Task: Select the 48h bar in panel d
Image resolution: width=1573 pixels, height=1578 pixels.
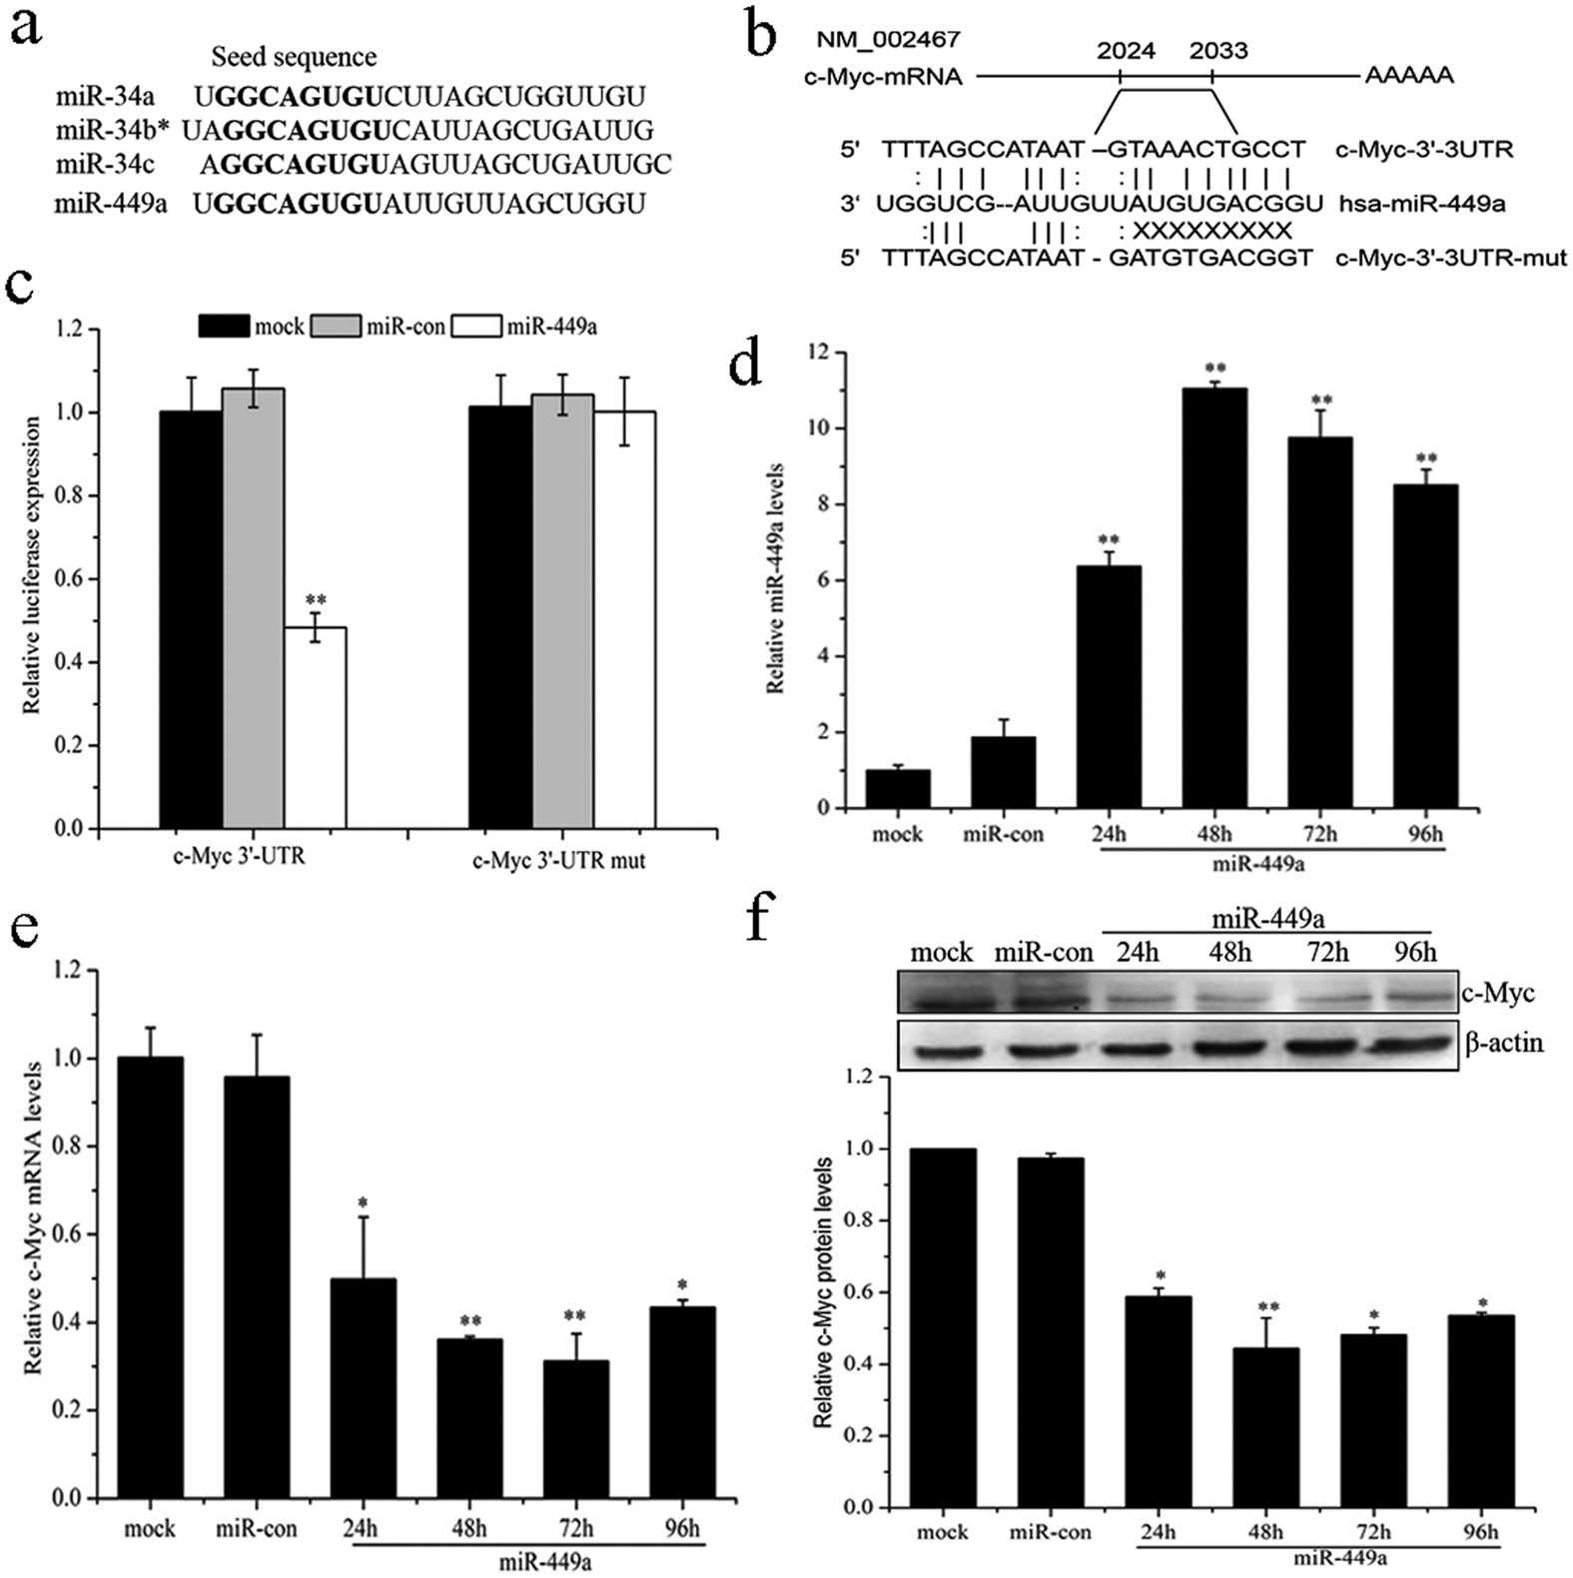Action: coord(1214,599)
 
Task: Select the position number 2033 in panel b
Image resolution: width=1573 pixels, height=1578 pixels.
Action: coord(1218,50)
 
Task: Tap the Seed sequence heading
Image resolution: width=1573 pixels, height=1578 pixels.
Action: coord(294,57)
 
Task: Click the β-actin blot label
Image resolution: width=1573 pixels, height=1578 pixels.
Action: coord(1504,1044)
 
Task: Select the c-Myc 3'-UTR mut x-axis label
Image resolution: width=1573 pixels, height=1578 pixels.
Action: coord(558,859)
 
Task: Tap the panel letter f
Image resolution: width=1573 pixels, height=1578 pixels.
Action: coord(767,919)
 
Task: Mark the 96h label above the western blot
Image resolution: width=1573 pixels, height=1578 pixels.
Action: coord(1414,952)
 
